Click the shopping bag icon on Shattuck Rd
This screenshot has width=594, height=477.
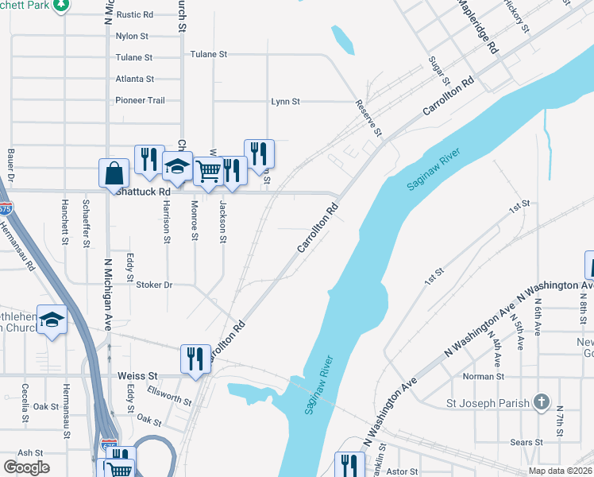point(114,173)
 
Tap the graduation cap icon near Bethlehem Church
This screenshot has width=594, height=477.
point(52,320)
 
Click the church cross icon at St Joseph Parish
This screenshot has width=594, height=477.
point(542,402)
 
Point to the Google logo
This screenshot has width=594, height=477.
point(26,467)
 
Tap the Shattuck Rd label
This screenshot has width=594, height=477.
point(143,192)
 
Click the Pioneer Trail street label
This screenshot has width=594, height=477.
point(140,101)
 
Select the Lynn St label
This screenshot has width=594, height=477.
point(285,102)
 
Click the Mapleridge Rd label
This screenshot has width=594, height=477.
point(477,26)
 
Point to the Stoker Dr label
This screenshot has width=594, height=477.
point(154,285)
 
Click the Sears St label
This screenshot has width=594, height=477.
point(526,442)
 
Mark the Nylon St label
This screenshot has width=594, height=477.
point(132,37)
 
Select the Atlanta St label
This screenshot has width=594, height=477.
point(134,79)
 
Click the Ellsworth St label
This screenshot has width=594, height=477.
point(169,395)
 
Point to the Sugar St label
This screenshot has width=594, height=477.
point(439,72)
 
